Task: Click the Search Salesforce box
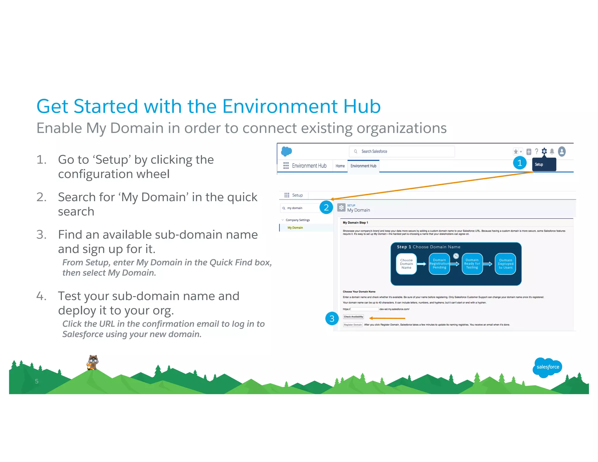point(401,151)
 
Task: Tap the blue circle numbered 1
point(519,163)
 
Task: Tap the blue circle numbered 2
point(326,207)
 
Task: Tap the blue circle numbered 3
point(332,319)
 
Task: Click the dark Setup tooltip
point(544,164)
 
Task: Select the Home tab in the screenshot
point(340,166)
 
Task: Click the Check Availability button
point(353,317)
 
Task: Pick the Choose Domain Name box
point(406,264)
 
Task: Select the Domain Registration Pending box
point(439,264)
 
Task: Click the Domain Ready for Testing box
point(472,264)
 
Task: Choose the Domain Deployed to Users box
point(505,264)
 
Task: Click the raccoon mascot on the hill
point(93,362)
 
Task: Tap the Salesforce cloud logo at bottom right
point(547,367)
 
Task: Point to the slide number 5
point(36,381)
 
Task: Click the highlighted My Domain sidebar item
point(295,228)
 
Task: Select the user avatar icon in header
point(562,151)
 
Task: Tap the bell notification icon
point(552,151)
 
